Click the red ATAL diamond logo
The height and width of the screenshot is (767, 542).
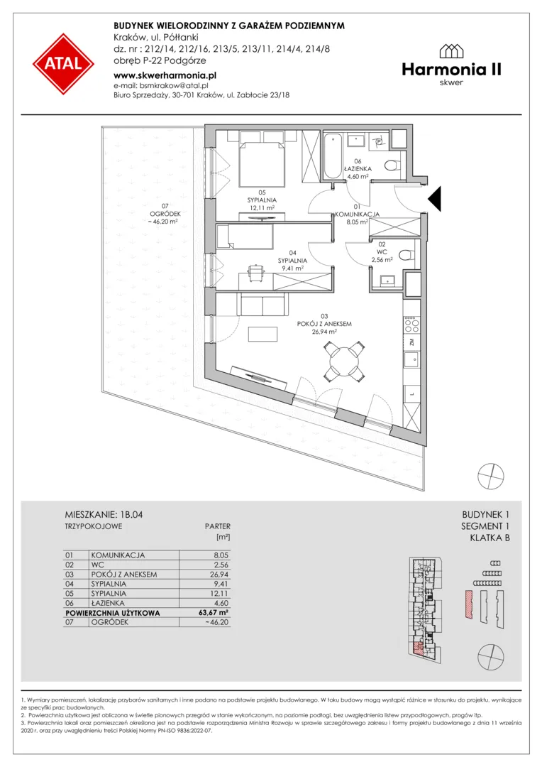(x=64, y=64)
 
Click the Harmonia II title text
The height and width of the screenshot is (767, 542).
(x=452, y=70)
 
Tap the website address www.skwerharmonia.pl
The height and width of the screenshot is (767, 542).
(x=165, y=75)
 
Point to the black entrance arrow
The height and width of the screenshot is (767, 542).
(x=435, y=199)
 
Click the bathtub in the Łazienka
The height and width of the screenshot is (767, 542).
(x=334, y=156)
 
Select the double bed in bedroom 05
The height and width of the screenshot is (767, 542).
(x=262, y=159)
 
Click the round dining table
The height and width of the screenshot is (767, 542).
(x=345, y=361)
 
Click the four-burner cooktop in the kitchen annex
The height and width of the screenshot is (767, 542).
(x=411, y=323)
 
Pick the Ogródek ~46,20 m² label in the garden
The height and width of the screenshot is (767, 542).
(x=164, y=217)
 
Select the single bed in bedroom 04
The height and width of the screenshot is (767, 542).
(x=245, y=236)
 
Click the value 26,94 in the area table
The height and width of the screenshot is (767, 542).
(x=219, y=575)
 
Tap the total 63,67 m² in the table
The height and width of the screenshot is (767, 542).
(x=211, y=612)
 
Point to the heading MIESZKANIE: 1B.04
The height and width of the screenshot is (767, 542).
(x=104, y=515)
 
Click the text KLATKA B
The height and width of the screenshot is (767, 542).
(x=490, y=538)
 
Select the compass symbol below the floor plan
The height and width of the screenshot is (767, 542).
(x=491, y=475)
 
